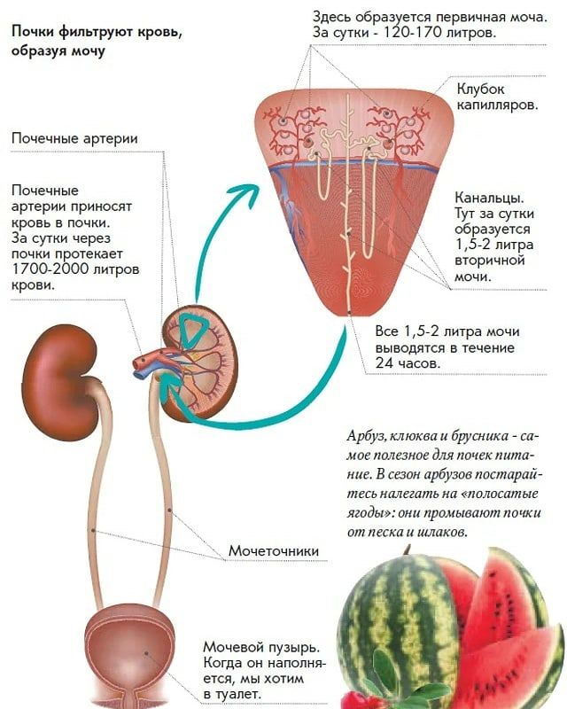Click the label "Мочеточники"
(274, 550)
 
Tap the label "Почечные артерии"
(74, 138)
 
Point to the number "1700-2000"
(50, 269)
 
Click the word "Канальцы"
(489, 198)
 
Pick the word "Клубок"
(480, 89)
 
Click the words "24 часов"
(408, 363)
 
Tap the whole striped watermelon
(398, 628)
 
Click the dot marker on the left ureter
(93, 530)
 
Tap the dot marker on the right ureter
(170, 510)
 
